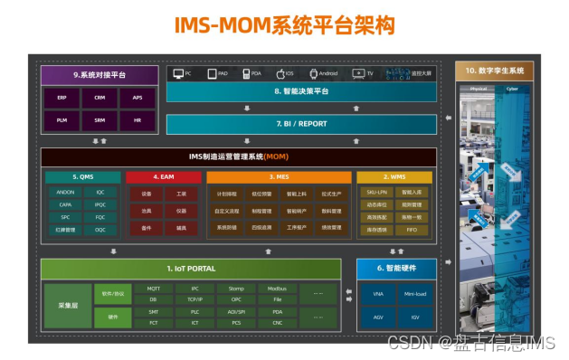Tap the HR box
[x=138, y=119]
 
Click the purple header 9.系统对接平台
[x=100, y=73]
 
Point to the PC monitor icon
[x=176, y=72]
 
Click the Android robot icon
[x=313, y=72]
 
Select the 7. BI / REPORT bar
[x=302, y=122]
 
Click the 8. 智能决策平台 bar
[x=302, y=91]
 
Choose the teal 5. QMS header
[x=82, y=177]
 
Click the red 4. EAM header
[x=163, y=177]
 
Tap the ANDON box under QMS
[x=65, y=193]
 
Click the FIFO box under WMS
[x=412, y=230]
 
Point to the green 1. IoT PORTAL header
[x=190, y=268]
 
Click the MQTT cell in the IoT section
[x=153, y=289]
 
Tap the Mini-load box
[x=414, y=294]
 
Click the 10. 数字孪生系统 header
[x=494, y=70]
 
